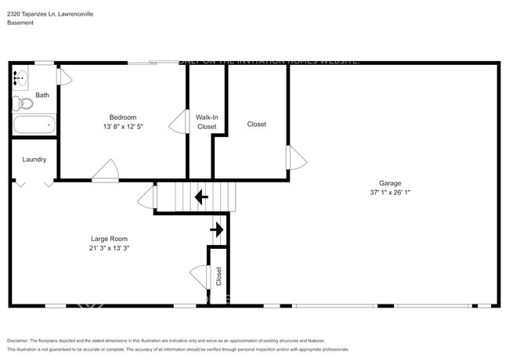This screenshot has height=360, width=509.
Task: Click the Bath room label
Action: (x=42, y=95)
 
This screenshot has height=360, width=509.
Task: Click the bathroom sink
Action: (x=21, y=78)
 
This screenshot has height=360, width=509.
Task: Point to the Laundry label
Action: (x=34, y=160)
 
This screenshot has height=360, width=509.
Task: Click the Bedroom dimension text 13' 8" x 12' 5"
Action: (x=123, y=126)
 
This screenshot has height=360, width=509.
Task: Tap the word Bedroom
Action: (x=123, y=117)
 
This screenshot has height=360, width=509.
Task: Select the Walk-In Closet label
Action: (x=207, y=121)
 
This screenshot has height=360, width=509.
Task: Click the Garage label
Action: (x=392, y=183)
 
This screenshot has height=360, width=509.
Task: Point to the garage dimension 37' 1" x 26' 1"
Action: (x=392, y=192)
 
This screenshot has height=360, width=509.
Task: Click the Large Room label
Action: (x=109, y=239)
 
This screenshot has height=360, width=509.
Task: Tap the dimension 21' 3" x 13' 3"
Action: (x=109, y=248)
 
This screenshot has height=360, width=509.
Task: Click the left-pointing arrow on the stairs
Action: (x=200, y=196)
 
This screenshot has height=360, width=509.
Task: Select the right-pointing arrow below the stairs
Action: (x=217, y=229)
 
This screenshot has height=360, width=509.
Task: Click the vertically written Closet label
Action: (x=218, y=275)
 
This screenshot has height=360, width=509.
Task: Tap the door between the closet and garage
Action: (x=295, y=157)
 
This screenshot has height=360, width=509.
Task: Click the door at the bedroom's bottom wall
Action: (x=106, y=172)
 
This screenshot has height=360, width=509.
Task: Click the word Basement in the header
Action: (x=20, y=23)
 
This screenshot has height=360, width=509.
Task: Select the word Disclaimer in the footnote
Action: (x=22, y=341)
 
